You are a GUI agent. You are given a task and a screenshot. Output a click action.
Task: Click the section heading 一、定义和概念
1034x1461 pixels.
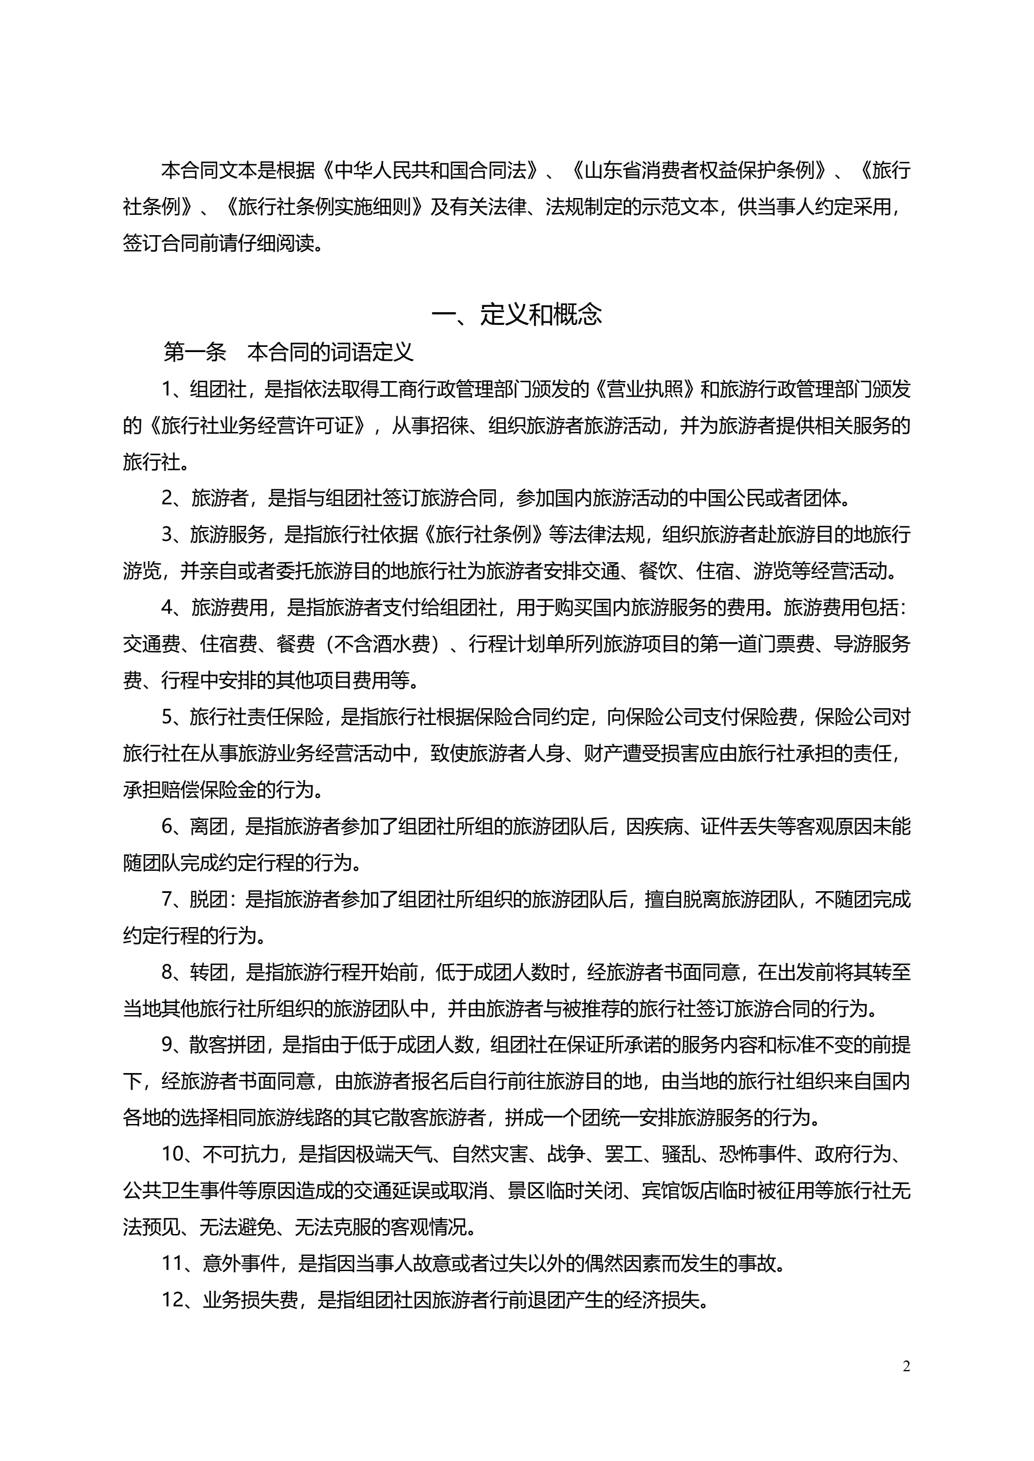coord(516,314)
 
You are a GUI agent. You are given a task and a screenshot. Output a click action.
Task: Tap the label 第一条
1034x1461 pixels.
coord(195,352)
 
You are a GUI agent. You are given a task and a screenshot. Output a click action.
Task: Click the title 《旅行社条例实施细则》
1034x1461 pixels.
coord(324,207)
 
